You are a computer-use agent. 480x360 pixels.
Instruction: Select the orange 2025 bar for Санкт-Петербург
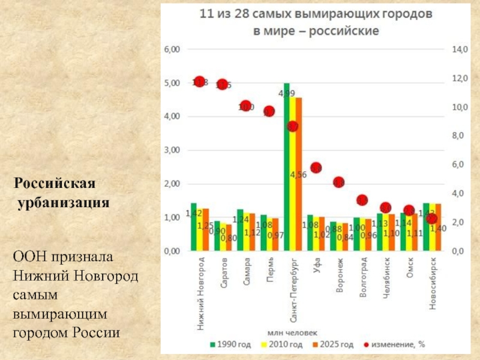tap(298, 173)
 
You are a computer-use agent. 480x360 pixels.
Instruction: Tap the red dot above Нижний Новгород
tap(200, 82)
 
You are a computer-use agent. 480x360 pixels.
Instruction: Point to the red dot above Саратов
tap(223, 85)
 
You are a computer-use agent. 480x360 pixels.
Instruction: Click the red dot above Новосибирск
tap(431, 218)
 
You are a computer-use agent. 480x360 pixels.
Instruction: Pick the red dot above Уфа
tap(316, 167)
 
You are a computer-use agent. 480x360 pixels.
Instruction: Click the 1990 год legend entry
tap(230, 344)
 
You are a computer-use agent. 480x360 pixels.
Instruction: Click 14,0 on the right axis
tap(459, 50)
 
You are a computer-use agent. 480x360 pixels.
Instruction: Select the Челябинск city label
tap(386, 279)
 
